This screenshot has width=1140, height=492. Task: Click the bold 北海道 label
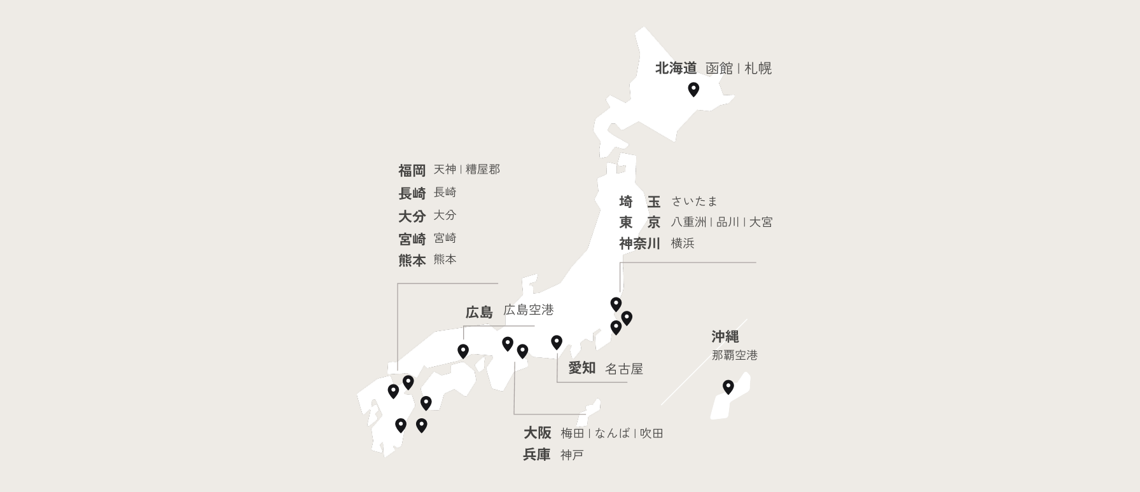click(x=676, y=68)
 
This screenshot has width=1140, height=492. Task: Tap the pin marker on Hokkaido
click(x=693, y=89)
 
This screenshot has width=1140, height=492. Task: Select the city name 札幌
click(x=758, y=68)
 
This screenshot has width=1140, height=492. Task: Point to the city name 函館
click(x=719, y=68)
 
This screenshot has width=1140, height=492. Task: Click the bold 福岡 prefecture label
click(x=412, y=170)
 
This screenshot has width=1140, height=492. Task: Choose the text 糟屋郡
click(x=483, y=170)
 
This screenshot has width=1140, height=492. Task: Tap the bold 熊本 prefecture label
click(x=412, y=260)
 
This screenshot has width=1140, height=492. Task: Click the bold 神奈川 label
click(x=639, y=243)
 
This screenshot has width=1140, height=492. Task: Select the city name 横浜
click(x=683, y=243)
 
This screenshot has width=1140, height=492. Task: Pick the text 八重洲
click(x=688, y=222)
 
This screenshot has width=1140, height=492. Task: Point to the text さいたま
click(x=694, y=202)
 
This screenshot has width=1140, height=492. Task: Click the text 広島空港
click(x=528, y=310)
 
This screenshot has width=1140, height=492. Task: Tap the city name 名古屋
click(x=623, y=369)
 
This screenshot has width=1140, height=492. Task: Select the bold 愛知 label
click(x=581, y=367)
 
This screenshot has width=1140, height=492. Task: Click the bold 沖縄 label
click(x=725, y=336)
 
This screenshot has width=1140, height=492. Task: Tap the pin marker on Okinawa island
click(x=728, y=386)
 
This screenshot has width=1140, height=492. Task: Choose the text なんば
click(x=612, y=434)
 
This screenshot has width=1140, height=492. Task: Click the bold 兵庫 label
click(x=536, y=454)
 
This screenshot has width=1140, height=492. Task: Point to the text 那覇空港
click(x=734, y=355)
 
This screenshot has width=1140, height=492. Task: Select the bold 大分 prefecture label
click(x=412, y=216)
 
